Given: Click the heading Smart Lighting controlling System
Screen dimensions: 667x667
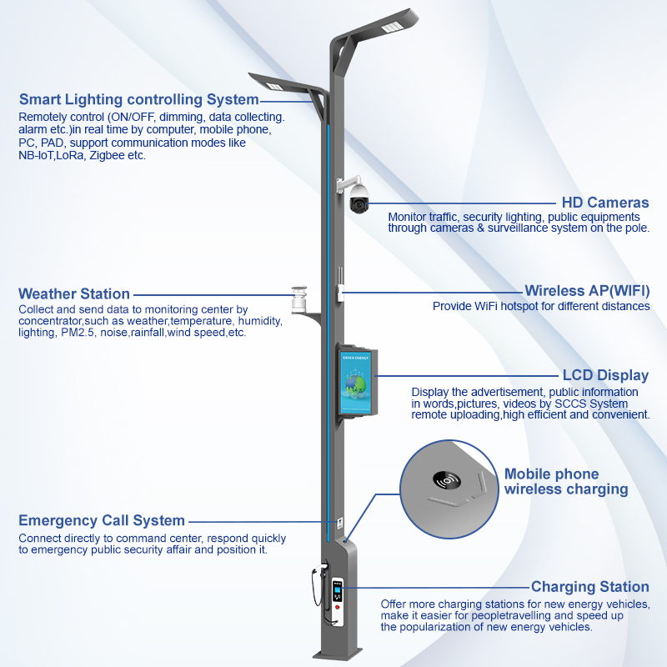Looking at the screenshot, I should point(138,100).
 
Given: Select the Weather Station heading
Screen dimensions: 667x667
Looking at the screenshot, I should point(74,293).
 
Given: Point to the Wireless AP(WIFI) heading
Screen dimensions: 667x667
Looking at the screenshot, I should point(587,291).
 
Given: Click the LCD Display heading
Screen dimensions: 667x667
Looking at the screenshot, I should point(605,375).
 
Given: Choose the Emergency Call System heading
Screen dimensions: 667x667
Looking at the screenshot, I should point(102,520).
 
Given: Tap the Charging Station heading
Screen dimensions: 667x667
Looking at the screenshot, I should point(590,587).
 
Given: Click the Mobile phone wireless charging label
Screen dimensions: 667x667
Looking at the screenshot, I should point(566,482).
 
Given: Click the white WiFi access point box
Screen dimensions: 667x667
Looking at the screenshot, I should point(340,291).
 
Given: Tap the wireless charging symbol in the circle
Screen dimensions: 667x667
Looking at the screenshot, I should point(449,481).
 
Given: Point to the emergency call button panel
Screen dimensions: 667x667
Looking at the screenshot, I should point(340,525).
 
